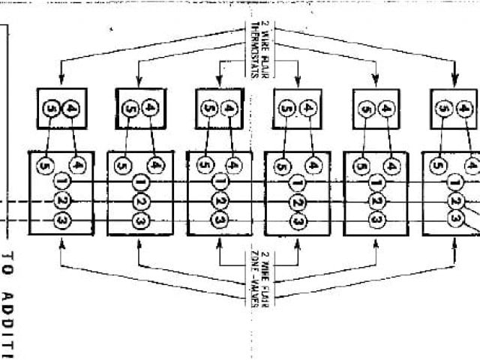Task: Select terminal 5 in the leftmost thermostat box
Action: pos(51,108)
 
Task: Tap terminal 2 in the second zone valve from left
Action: pos(140,202)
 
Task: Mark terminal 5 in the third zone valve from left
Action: pos(202,165)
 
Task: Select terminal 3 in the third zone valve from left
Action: pos(219,220)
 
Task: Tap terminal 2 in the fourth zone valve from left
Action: pos(298,202)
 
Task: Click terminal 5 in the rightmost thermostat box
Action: pos(445,108)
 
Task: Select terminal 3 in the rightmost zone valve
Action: pos(455,218)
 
